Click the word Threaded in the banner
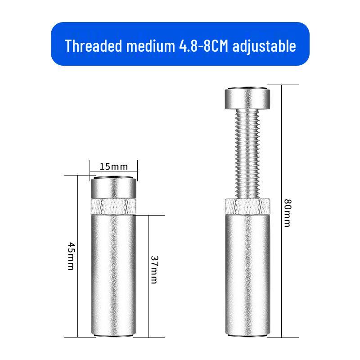tap(94, 46)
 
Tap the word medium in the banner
tap(151, 46)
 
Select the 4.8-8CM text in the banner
tap(203, 46)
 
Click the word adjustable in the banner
tap(264, 46)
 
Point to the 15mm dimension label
tap(114, 166)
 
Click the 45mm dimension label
tap(72, 256)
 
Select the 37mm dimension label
tap(154, 270)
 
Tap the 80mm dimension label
tap(288, 213)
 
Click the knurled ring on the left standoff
tap(114, 207)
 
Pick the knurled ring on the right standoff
tap(247, 207)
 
